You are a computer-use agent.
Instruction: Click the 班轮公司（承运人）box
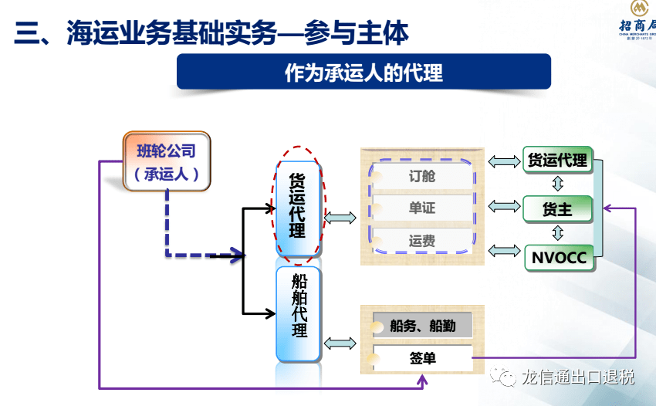click(x=167, y=162)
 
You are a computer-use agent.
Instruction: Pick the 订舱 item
click(x=422, y=176)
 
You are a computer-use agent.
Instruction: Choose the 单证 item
click(x=422, y=208)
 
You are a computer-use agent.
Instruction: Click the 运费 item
click(x=422, y=241)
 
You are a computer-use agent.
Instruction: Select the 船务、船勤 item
click(x=422, y=326)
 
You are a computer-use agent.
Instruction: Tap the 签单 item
click(x=422, y=358)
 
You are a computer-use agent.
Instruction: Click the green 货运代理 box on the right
click(x=557, y=161)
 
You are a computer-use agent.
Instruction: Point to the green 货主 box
click(x=557, y=208)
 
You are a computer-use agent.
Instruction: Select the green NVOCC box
click(x=557, y=257)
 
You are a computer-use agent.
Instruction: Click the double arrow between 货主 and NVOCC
click(x=557, y=232)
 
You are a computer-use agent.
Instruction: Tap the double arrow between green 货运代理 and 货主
click(x=557, y=184)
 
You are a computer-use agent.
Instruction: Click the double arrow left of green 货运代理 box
click(x=505, y=161)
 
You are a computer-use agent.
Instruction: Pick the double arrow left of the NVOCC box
click(x=505, y=250)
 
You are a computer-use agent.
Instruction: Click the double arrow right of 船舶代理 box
click(x=340, y=343)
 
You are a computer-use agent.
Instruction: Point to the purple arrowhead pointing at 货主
click(x=607, y=208)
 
